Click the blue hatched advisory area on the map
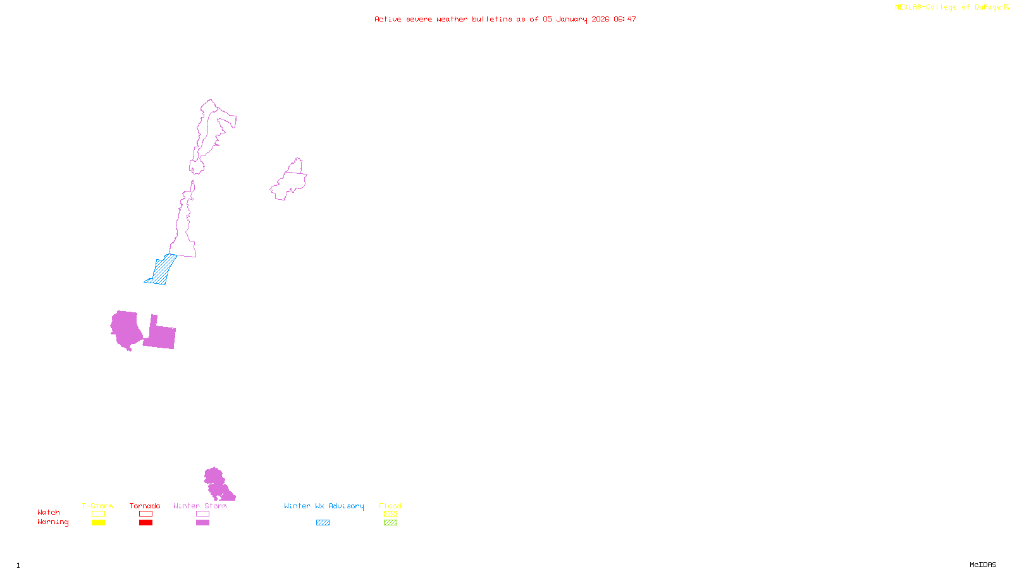click(x=162, y=271)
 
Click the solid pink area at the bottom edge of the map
click(x=216, y=484)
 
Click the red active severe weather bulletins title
click(x=505, y=20)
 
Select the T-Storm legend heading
click(x=97, y=506)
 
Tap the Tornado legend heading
click(x=145, y=506)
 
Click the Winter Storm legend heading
click(x=200, y=506)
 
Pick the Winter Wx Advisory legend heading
click(x=324, y=506)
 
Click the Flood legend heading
click(x=390, y=506)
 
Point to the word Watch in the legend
click(x=49, y=513)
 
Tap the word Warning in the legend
click(x=53, y=522)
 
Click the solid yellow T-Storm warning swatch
click(x=98, y=523)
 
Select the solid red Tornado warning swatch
click(x=145, y=523)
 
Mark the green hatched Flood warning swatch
click(x=390, y=523)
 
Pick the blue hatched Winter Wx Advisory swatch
click(x=323, y=523)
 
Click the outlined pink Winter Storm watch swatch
click(x=202, y=514)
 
